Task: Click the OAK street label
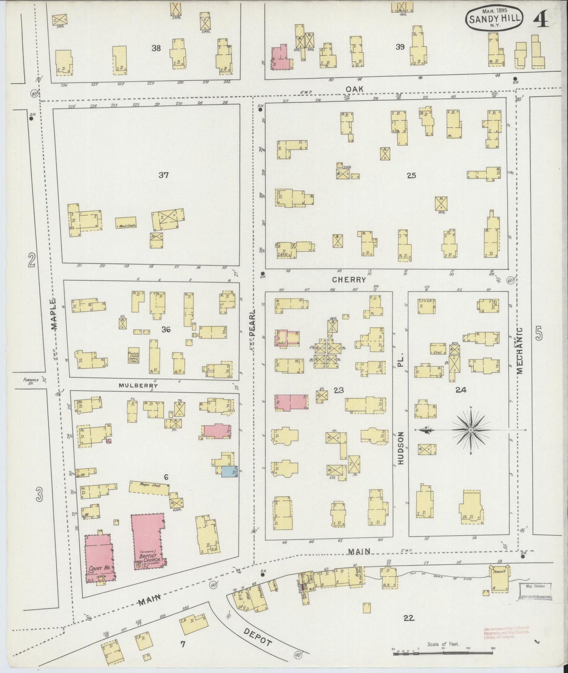(x=354, y=90)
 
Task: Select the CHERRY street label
(x=349, y=280)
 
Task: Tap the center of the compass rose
(x=470, y=430)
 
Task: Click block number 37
(x=164, y=175)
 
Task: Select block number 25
(x=411, y=176)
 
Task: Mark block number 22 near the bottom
(x=409, y=618)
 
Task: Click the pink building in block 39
(x=280, y=58)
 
